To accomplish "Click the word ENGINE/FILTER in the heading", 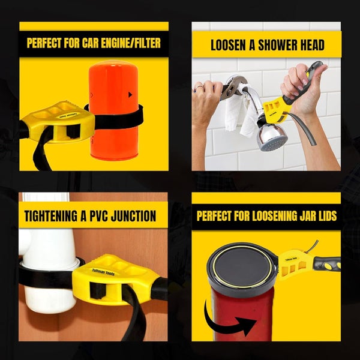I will pos(130,43).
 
